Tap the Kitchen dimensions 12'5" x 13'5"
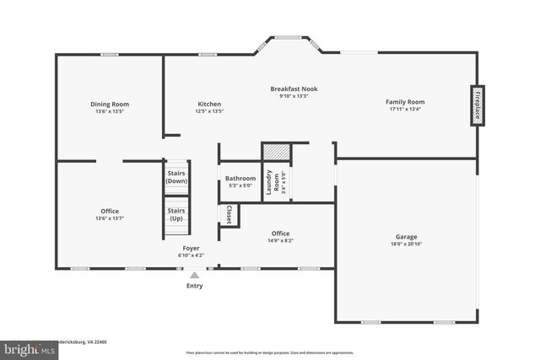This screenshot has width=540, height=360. (x=209, y=110)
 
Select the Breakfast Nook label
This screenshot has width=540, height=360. (x=294, y=89)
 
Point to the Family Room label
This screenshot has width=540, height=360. (x=405, y=101)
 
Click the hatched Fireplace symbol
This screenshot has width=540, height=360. (x=478, y=105)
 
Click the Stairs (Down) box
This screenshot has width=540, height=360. (x=176, y=177)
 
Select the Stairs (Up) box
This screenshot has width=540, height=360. (x=176, y=214)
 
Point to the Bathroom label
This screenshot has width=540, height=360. (x=240, y=178)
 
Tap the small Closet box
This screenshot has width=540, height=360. (x=229, y=215)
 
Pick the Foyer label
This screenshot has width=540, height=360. (x=191, y=249)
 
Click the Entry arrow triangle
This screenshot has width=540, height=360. (x=195, y=274)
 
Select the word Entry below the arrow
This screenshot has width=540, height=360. (x=195, y=286)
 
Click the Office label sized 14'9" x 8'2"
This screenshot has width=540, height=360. (x=281, y=234)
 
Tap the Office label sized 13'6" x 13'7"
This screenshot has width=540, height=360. (x=110, y=211)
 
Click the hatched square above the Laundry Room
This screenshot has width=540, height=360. (x=276, y=152)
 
